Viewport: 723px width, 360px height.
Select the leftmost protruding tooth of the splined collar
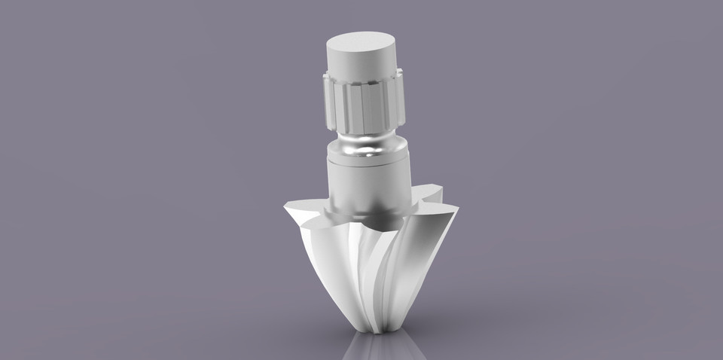tap(328, 102)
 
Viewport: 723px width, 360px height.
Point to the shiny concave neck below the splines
tap(365, 145)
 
